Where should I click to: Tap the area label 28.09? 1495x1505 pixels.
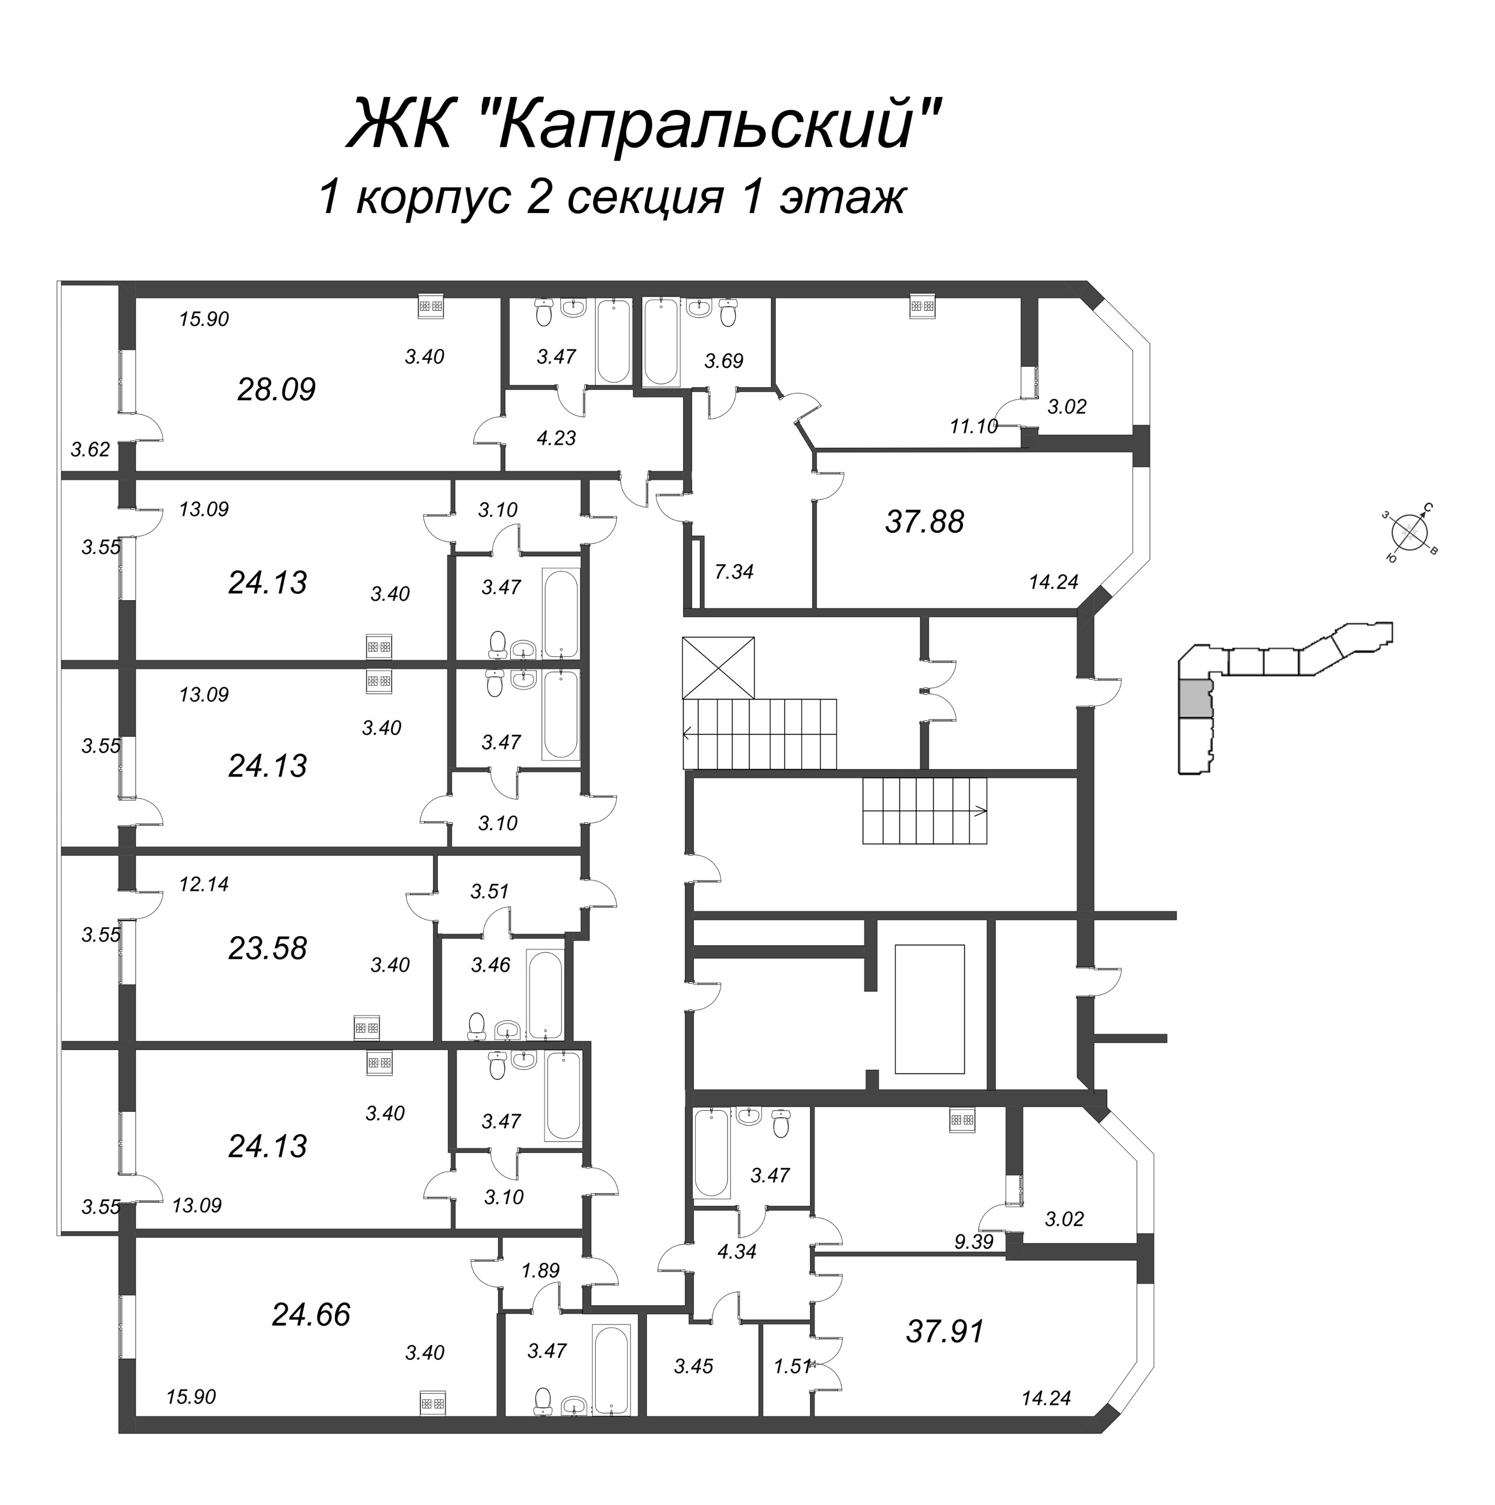click(276, 389)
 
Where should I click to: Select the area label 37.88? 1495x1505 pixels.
click(925, 522)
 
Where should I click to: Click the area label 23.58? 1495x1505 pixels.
click(267, 948)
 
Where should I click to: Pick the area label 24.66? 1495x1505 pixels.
click(311, 1315)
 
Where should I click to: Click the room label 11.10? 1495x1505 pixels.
click(973, 426)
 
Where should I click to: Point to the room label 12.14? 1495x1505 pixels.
click(204, 884)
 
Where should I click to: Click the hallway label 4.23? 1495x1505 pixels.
click(556, 438)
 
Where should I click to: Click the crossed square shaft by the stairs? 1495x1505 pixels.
click(718, 668)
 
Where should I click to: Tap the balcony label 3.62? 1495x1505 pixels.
click(90, 450)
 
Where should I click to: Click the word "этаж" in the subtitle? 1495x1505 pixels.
click(842, 198)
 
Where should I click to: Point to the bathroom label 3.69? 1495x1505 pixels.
click(723, 361)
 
